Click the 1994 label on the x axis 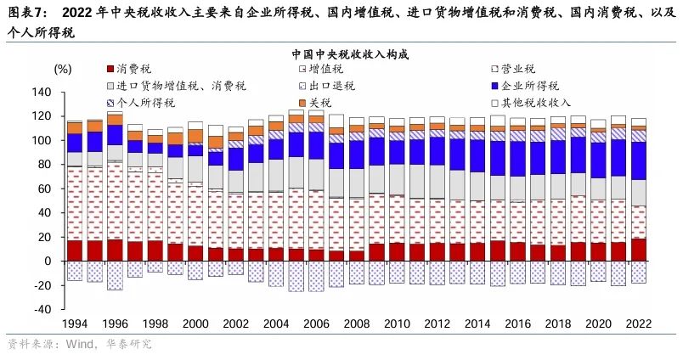coord(75,324)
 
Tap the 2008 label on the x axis coord(332,324)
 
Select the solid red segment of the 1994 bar coord(75,250)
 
